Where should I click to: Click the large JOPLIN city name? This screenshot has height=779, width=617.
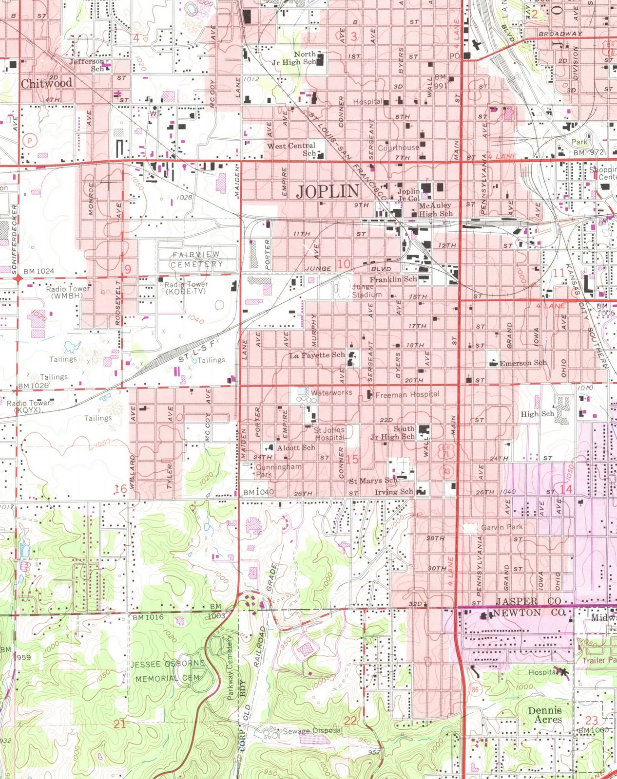click(328, 191)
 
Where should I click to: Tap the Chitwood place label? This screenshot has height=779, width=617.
click(46, 83)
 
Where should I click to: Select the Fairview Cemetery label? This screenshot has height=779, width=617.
click(196, 259)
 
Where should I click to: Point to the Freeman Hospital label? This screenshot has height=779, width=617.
click(407, 394)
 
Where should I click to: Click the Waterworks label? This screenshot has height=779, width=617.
click(331, 392)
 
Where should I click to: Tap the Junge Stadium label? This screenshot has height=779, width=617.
click(367, 291)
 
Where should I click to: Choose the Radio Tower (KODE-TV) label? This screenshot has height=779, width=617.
click(186, 287)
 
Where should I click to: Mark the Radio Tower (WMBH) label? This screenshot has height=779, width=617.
click(68, 292)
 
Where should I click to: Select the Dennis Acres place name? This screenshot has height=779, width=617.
click(545, 715)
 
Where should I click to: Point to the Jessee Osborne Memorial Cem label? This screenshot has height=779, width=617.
click(167, 671)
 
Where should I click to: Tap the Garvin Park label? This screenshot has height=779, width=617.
click(501, 527)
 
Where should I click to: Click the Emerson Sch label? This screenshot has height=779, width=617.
click(523, 363)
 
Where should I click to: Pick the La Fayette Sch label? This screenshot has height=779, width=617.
click(317, 355)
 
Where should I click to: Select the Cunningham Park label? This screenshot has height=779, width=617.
click(278, 470)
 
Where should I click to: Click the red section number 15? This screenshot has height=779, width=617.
click(352, 459)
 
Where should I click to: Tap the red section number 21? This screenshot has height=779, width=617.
click(120, 723)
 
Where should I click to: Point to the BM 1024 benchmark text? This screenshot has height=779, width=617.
click(39, 271)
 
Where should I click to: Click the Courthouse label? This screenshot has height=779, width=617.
click(398, 148)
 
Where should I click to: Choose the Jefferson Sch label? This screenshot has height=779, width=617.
click(87, 65)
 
